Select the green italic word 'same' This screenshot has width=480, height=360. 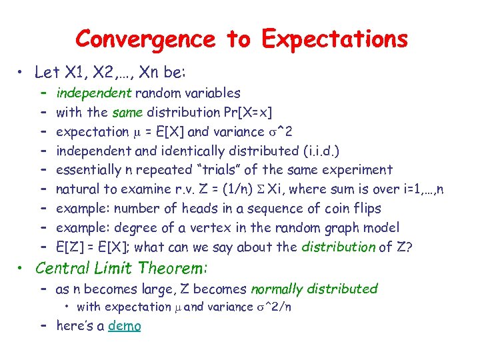[128, 112]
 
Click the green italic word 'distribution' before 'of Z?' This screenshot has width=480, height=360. [339, 247]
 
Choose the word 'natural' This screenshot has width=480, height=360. [77, 189]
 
